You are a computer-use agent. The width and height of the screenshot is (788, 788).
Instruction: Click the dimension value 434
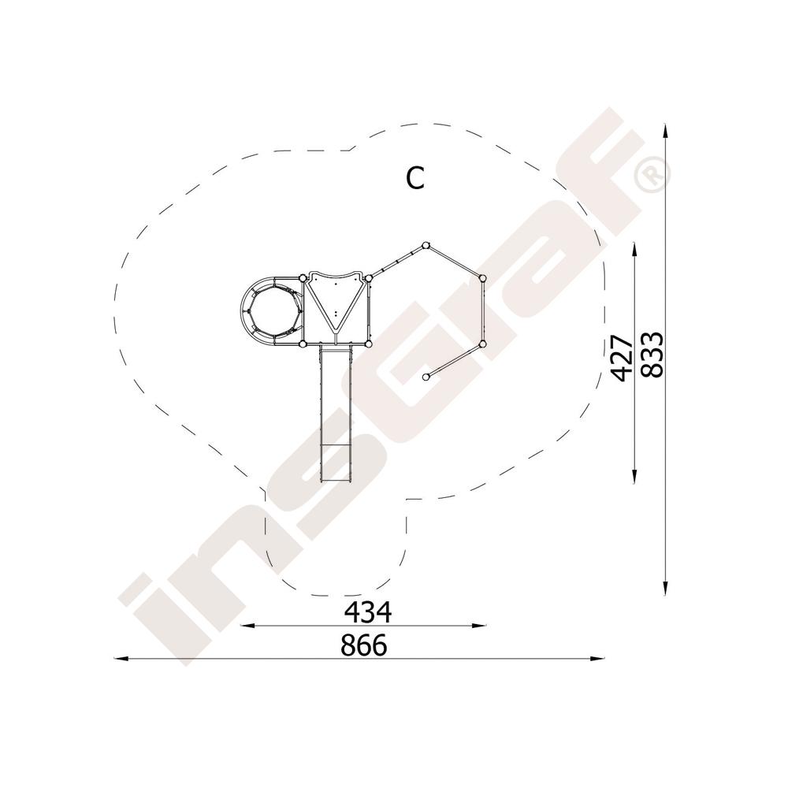(367, 611)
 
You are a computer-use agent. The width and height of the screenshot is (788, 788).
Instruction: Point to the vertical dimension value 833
(653, 354)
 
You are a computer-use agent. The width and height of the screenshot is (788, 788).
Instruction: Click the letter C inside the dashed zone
(415, 178)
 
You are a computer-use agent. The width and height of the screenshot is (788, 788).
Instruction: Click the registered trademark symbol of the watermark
(652, 177)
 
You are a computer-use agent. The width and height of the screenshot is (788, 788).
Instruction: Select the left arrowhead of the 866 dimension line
(121, 658)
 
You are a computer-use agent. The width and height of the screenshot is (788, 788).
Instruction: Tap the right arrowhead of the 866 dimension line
(597, 658)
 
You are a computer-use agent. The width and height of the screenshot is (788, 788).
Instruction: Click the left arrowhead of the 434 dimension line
(247, 626)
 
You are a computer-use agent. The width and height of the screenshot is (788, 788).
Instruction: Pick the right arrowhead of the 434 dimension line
(480, 626)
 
